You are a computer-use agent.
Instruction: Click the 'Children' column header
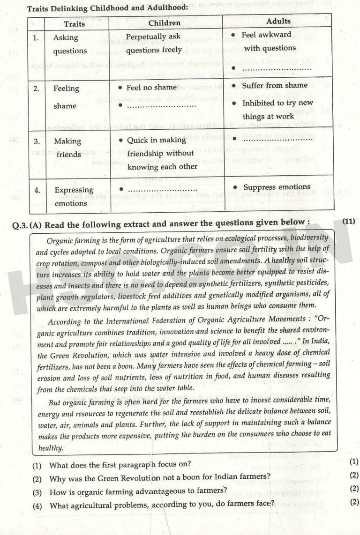164,23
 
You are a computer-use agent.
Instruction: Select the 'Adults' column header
278,21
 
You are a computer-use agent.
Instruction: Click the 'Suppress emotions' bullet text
277,187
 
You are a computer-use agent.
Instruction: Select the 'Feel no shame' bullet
151,87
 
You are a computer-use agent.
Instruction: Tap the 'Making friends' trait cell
67,148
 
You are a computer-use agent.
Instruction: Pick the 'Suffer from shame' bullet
271,86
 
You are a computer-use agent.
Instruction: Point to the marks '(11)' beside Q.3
349,221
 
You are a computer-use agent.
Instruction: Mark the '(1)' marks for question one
354,461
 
